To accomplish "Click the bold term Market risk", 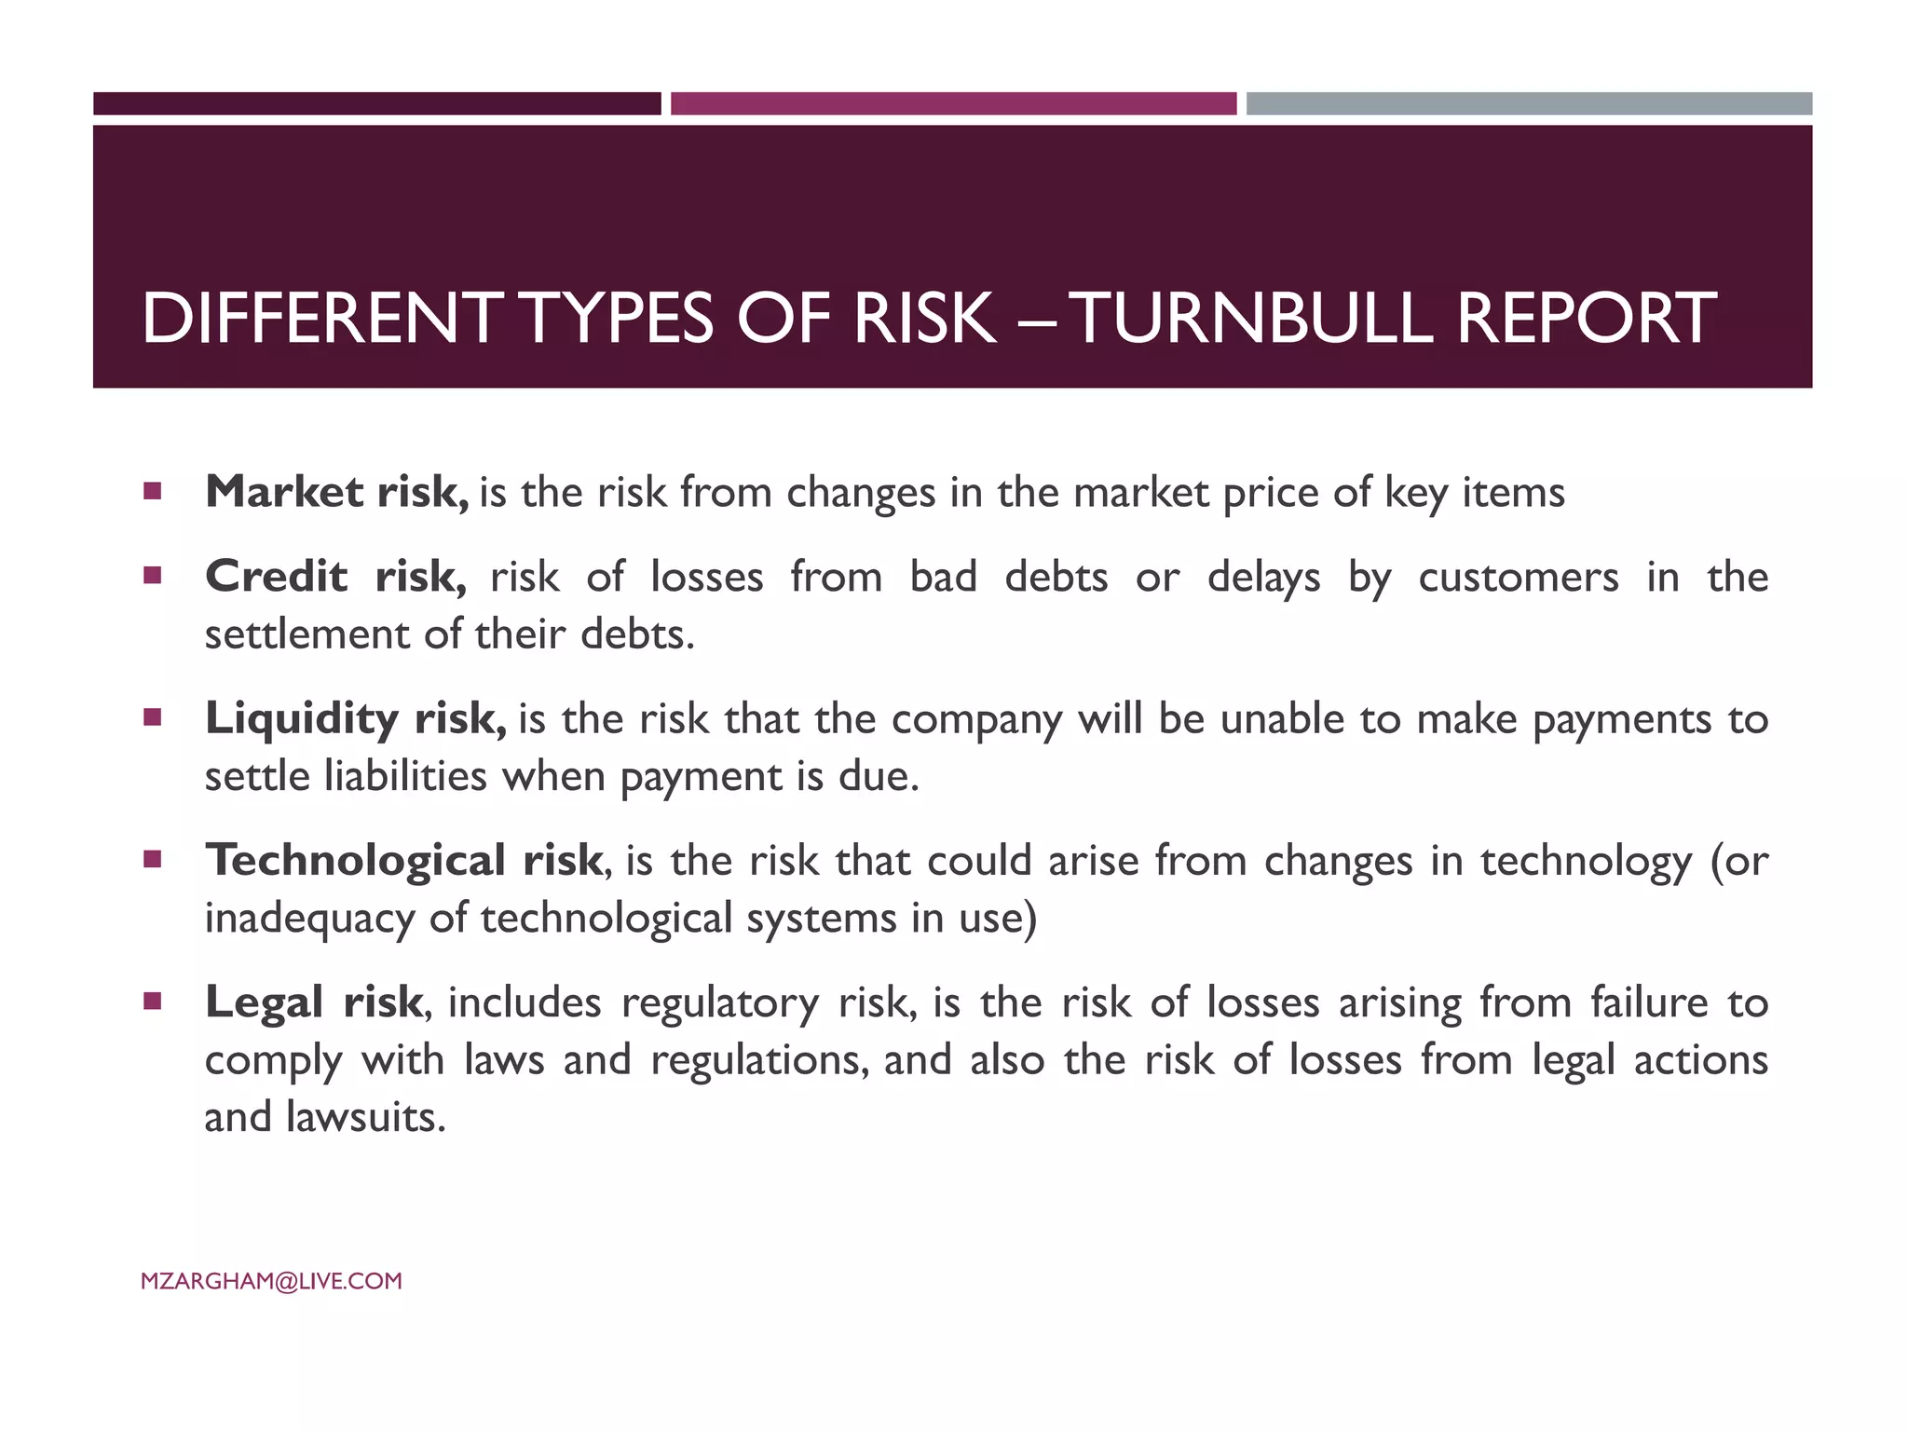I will click(x=336, y=492).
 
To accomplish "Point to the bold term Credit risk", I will click(x=335, y=577).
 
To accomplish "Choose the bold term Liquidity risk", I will click(x=355, y=718).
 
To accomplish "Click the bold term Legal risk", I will click(x=314, y=1002).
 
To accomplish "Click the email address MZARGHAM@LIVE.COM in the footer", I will click(x=271, y=1281).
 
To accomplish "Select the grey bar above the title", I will click(x=1529, y=103).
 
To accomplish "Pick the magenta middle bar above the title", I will click(x=953, y=103).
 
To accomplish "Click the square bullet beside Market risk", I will click(x=153, y=490).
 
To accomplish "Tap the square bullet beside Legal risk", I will click(x=153, y=1002).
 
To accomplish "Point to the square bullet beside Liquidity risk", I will click(x=153, y=717).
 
